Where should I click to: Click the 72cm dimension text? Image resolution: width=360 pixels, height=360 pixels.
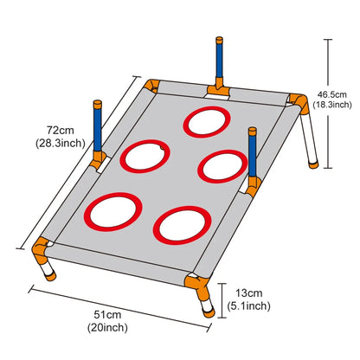coord(61,130)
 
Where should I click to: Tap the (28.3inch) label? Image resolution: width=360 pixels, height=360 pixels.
coord(61,143)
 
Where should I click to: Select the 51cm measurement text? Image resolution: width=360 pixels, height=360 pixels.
coord(107,314)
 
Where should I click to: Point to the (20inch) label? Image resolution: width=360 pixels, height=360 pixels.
coord(107,327)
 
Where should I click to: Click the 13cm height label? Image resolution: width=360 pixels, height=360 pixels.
coord(249,293)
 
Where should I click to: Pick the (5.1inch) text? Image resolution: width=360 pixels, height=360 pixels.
coord(248,305)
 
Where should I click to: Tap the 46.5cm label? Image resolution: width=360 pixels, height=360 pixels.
coord(332,94)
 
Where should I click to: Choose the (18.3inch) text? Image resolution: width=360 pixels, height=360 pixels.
coord(332,105)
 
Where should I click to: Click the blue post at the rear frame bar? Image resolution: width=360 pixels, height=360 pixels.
coord(219,58)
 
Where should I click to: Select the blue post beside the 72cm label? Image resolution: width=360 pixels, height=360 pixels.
coord(98,126)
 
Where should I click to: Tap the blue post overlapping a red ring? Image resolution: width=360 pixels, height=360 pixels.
coord(253,152)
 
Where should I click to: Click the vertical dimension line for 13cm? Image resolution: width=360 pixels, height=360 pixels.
coord(222,300)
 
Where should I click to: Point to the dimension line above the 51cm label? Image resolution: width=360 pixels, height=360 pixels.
coord(119,309)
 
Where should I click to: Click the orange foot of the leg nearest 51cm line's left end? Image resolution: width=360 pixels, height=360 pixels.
coord(51,277)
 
